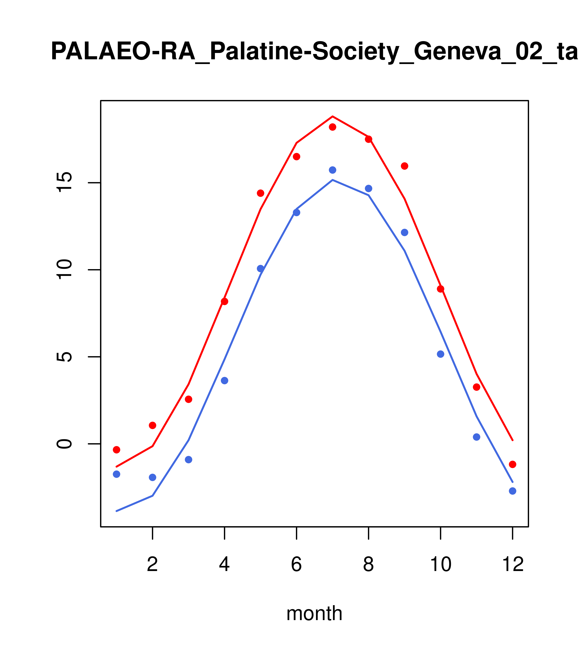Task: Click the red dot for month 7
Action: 332,127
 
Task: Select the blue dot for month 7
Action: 332,170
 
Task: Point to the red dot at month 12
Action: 512,464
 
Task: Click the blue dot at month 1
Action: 116,474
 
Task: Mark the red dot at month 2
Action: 153,425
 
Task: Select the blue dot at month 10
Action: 440,354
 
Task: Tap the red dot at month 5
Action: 261,193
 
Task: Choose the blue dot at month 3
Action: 189,459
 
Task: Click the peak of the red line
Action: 332,116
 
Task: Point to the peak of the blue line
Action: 332,180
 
